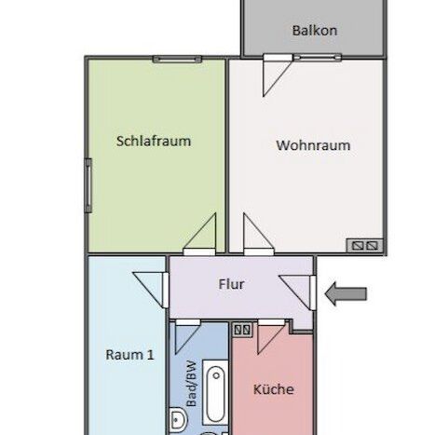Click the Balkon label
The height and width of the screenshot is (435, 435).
(x=314, y=30)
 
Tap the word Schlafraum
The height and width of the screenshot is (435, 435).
(x=154, y=142)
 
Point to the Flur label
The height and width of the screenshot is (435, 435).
(x=231, y=284)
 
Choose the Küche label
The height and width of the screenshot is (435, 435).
(x=273, y=388)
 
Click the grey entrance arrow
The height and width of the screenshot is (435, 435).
(x=346, y=294)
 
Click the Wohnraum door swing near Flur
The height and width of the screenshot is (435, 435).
(x=255, y=236)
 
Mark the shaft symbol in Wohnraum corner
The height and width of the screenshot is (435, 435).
(x=361, y=245)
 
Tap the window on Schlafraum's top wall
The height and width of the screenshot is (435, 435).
(x=177, y=59)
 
